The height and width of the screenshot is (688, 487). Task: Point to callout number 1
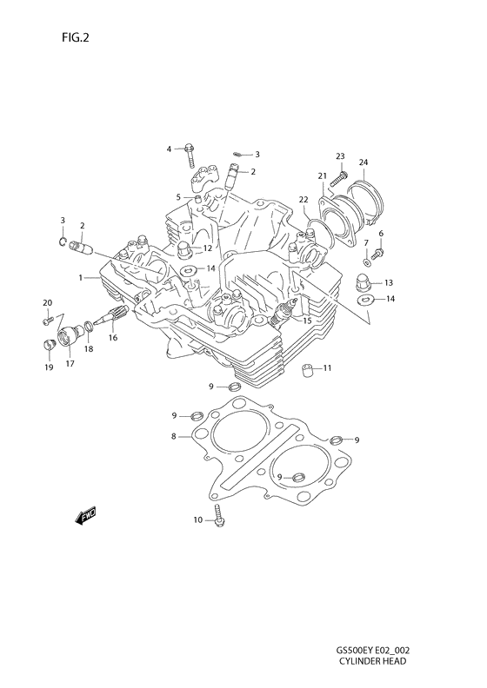80,278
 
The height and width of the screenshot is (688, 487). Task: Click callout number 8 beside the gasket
174,436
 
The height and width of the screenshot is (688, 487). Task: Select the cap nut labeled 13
364,282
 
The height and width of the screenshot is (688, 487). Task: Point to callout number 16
112,338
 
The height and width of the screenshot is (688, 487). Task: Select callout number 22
304,200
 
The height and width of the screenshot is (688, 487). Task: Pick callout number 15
307,321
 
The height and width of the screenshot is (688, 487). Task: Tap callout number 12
208,248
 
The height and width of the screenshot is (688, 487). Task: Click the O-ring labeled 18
90,327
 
